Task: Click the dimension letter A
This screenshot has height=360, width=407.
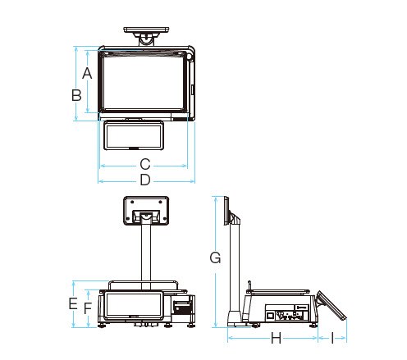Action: pyautogui.click(x=87, y=73)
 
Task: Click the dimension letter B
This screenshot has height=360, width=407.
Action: pyautogui.click(x=76, y=95)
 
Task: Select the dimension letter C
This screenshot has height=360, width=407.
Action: pyautogui.click(x=145, y=164)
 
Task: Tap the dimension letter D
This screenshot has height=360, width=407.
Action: pyautogui.click(x=145, y=180)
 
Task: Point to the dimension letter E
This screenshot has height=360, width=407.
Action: pyautogui.click(x=73, y=303)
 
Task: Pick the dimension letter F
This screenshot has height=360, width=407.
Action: pyautogui.click(x=88, y=308)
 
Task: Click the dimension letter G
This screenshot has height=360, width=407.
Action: pyautogui.click(x=215, y=257)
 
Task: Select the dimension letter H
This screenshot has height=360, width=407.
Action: pyautogui.click(x=276, y=338)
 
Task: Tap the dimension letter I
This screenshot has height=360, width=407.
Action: pyautogui.click(x=332, y=338)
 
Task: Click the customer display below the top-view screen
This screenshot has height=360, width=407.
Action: pyautogui.click(x=134, y=135)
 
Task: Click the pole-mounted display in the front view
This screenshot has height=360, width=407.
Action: pyautogui.click(x=146, y=211)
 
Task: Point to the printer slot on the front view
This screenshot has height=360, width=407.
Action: pyautogui.click(x=182, y=308)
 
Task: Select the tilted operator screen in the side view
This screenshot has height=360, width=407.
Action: pyautogui.click(x=331, y=306)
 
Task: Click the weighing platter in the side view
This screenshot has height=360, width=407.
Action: pyautogui.click(x=278, y=291)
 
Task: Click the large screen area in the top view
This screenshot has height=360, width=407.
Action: pyautogui.click(x=143, y=83)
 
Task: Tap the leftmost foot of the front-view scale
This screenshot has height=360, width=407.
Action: pyautogui.click(x=102, y=325)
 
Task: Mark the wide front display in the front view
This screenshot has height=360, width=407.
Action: pyautogui.click(x=134, y=305)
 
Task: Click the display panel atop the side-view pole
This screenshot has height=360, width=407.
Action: pyautogui.click(x=226, y=211)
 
